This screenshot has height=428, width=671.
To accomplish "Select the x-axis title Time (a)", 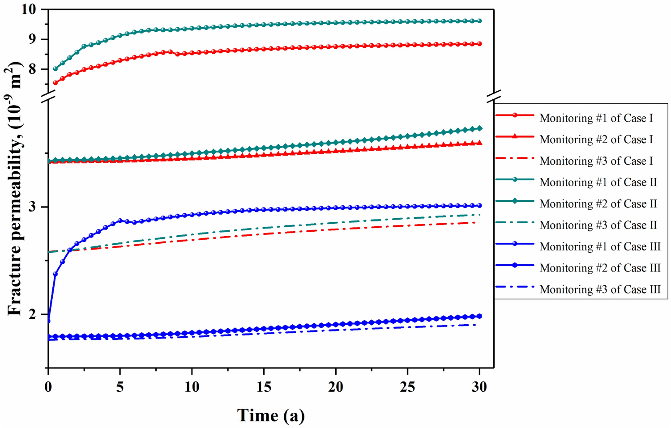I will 271,415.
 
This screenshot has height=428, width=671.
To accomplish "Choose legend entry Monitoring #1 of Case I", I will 596,118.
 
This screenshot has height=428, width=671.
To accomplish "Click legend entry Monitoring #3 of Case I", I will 596,161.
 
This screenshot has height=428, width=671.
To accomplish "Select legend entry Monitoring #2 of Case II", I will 598,204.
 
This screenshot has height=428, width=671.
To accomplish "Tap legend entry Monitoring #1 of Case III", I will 600,247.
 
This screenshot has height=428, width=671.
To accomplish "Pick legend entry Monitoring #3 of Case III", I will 600,290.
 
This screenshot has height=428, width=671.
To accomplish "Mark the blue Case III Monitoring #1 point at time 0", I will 48,321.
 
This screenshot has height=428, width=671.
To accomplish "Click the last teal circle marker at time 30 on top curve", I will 479,21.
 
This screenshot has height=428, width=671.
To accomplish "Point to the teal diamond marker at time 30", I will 479,128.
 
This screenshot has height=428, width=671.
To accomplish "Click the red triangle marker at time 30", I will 479,143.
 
